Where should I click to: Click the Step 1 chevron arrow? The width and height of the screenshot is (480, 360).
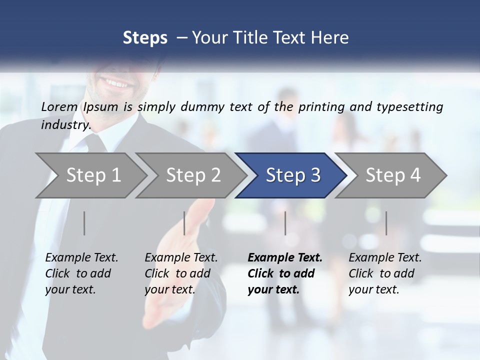pyautogui.click(x=93, y=175)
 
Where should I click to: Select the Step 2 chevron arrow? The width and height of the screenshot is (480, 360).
pyautogui.click(x=193, y=175)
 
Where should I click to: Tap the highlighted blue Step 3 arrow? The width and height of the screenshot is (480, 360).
pyautogui.click(x=293, y=175)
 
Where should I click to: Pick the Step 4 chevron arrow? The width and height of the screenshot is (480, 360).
pyautogui.click(x=393, y=175)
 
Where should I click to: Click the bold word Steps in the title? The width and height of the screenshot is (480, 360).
pyautogui.click(x=145, y=37)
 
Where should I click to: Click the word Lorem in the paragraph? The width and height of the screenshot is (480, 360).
pyautogui.click(x=59, y=106)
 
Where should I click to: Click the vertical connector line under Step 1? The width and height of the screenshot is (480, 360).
pyautogui.click(x=84, y=223)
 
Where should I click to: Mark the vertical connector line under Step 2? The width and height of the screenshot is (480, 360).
pyautogui.click(x=184, y=223)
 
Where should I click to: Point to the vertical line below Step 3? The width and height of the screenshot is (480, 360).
pyautogui.click(x=285, y=223)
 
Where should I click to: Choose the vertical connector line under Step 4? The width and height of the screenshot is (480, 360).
pyautogui.click(x=386, y=223)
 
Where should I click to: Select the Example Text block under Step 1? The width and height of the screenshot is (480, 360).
pyautogui.click(x=81, y=273)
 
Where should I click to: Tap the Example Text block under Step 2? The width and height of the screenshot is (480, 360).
pyautogui.click(x=181, y=273)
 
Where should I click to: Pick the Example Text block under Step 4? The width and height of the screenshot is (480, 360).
pyautogui.click(x=385, y=273)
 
